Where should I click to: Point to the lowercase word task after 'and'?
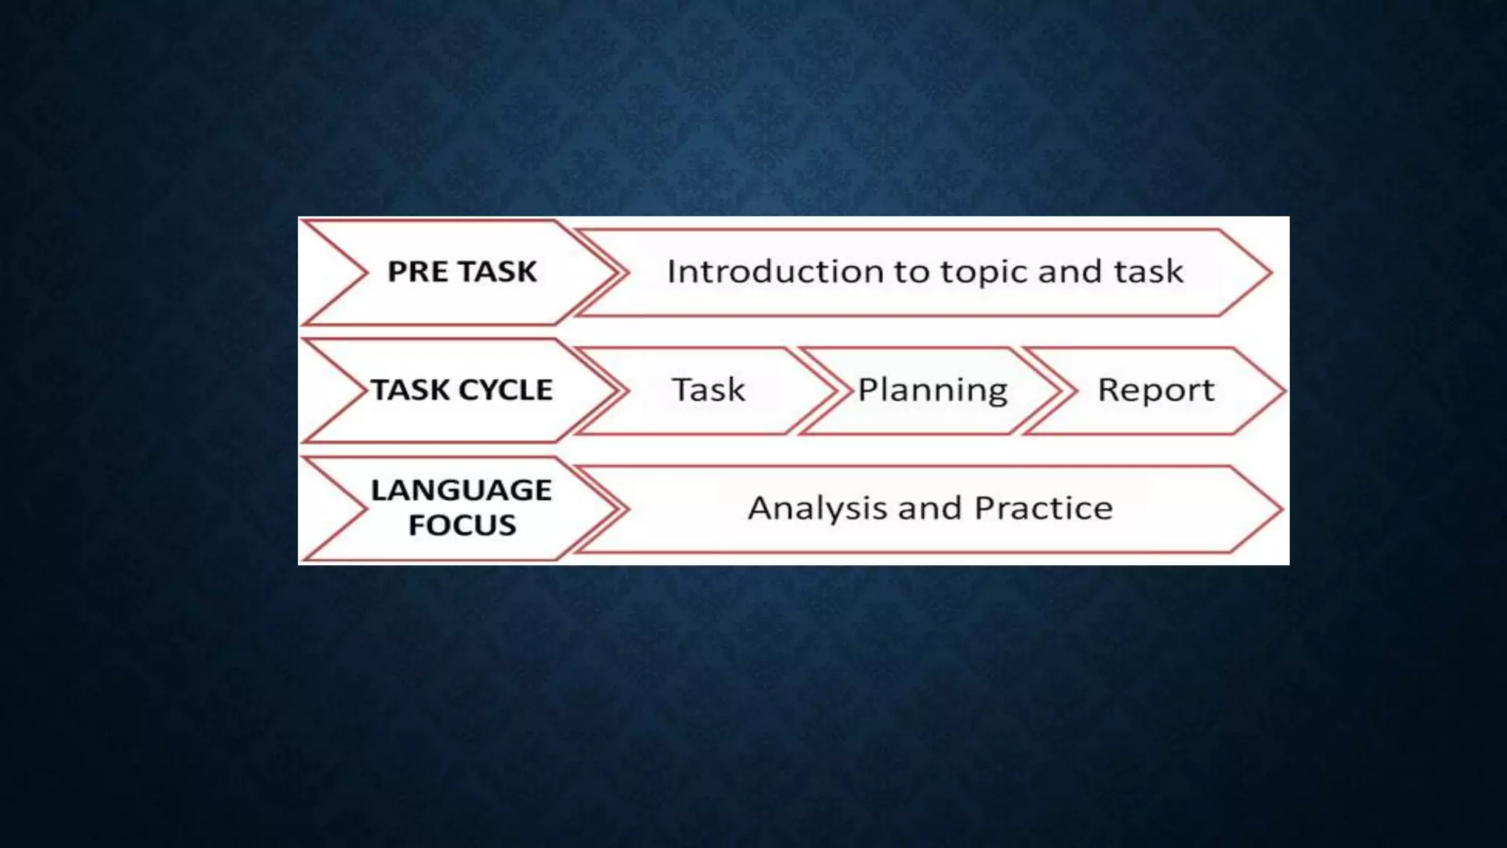click(1148, 272)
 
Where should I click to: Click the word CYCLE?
click(507, 390)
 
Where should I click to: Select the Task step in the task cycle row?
click(709, 390)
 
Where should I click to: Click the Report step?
click(1155, 390)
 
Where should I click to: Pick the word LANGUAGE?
click(461, 490)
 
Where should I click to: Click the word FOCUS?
click(462, 526)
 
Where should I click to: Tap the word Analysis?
click(818, 509)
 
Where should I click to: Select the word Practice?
click(1043, 508)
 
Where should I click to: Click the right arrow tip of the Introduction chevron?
click(1269, 273)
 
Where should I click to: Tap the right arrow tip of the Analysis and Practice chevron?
click(1280, 509)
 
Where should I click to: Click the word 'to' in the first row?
click(911, 272)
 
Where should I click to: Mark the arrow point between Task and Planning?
click(836, 391)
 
